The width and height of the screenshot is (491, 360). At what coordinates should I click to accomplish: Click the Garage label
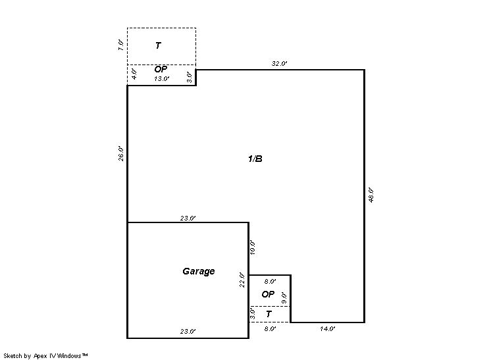pyautogui.click(x=199, y=271)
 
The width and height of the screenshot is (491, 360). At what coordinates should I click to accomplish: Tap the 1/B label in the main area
pyautogui.click(x=255, y=159)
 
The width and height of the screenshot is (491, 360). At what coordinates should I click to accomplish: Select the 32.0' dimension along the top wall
pyautogui.click(x=279, y=64)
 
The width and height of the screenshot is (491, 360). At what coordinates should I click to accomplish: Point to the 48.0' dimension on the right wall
pyautogui.click(x=371, y=195)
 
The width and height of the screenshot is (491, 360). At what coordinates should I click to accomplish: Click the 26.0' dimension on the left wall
pyautogui.click(x=121, y=153)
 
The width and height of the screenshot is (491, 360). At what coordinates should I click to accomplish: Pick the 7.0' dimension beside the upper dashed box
pyautogui.click(x=121, y=45)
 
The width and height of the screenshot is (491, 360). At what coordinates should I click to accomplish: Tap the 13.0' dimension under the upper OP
pyautogui.click(x=161, y=79)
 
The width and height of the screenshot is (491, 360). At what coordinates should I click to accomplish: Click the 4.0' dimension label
pyautogui.click(x=134, y=74)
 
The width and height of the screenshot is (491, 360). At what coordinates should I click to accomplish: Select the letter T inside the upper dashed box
pyautogui.click(x=158, y=45)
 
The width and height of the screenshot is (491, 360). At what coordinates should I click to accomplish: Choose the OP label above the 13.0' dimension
pyautogui.click(x=161, y=69)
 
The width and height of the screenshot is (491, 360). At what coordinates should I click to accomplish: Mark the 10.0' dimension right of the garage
pyautogui.click(x=253, y=247)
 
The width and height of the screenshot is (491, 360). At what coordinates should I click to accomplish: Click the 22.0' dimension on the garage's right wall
pyautogui.click(x=242, y=280)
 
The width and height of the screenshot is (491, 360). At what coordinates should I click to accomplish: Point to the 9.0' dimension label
pyautogui.click(x=284, y=297)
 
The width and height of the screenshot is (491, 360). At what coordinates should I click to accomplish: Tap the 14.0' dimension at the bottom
pyautogui.click(x=328, y=328)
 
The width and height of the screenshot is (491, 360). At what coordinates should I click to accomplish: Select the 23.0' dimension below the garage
pyautogui.click(x=188, y=331)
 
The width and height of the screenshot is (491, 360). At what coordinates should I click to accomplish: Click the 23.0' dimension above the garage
pyautogui.click(x=188, y=219)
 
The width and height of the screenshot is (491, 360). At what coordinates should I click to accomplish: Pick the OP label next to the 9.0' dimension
pyautogui.click(x=268, y=294)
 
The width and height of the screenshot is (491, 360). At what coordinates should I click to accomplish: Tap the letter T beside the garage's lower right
pyautogui.click(x=269, y=314)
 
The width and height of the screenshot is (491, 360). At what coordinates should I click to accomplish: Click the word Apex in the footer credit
pyautogui.click(x=40, y=356)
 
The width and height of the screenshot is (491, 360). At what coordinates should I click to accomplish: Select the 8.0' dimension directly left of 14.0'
pyautogui.click(x=270, y=328)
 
